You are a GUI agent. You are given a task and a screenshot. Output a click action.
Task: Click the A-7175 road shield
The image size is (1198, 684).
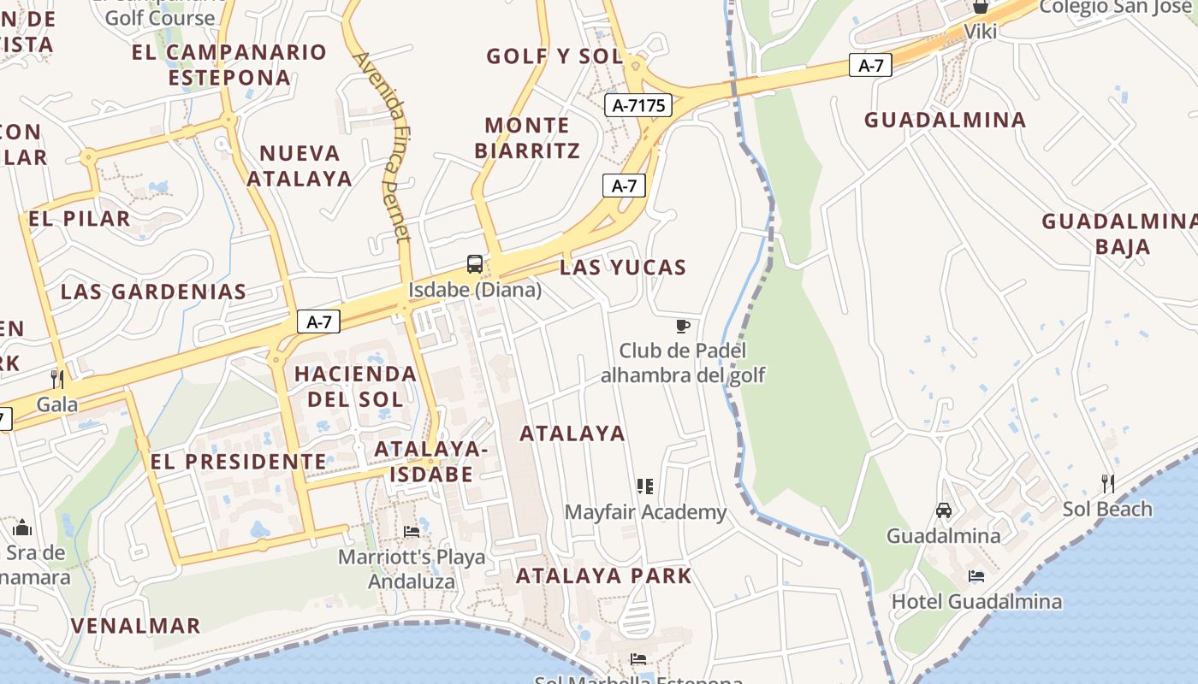pos(638,105)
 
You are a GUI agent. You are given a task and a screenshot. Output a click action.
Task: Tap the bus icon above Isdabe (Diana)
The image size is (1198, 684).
pos(475,264)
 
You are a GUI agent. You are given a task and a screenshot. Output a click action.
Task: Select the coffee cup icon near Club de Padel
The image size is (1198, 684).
pos(682,326)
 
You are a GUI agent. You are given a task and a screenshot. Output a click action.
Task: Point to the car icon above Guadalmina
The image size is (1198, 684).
pos(944,510)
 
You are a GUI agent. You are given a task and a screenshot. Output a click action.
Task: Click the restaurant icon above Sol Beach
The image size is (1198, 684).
pos(1108,483)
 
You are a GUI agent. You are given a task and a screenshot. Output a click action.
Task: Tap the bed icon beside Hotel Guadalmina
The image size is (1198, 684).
pos(976,575)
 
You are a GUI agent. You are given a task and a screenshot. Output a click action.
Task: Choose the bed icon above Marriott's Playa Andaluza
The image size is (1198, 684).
pos(412,531)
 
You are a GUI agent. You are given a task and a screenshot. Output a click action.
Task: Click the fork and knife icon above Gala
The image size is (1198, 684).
pos(57,379)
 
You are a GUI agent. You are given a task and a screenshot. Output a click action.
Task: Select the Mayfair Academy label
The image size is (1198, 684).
pos(645,512)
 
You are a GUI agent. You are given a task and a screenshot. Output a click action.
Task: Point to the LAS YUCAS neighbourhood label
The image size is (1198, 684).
pos(623,268)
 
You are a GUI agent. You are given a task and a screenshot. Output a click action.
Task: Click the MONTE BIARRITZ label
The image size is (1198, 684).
pos(527,138)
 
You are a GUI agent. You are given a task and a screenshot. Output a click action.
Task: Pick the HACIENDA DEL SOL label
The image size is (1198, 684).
pos(355,386)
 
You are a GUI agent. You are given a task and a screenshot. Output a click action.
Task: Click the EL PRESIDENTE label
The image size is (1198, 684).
pos(239,462)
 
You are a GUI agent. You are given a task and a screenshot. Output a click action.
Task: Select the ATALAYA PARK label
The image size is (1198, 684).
pos(603,575)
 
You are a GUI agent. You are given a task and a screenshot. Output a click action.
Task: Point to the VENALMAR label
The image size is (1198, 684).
pos(135,625)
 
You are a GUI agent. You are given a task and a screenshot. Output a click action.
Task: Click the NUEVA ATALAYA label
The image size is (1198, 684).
pos(299,166)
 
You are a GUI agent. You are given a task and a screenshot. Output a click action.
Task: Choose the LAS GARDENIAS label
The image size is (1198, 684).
pos(153,292)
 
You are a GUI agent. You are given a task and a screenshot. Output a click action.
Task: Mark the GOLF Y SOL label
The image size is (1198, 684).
pos(555,56)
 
